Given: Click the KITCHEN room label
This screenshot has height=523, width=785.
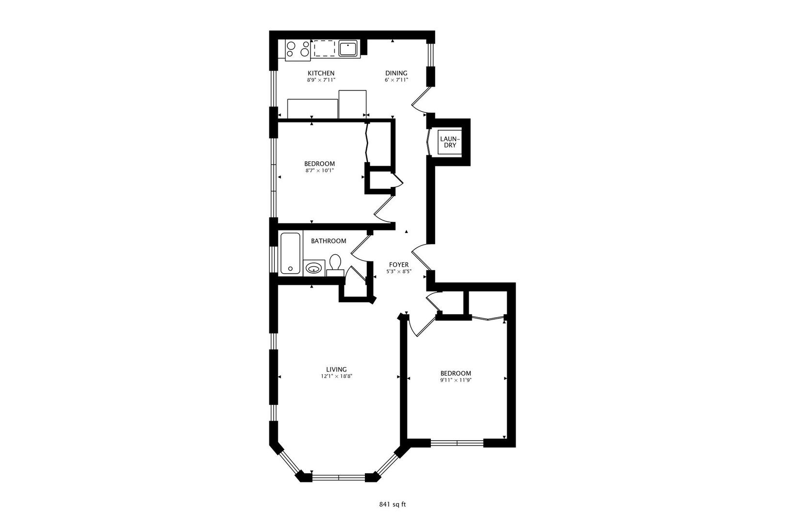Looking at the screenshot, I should tap(320, 73).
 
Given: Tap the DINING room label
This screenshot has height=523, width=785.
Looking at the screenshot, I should tap(396, 73).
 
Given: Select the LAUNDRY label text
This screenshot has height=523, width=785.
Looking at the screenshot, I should tap(448, 142).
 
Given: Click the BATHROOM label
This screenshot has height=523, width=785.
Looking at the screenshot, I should tap(329, 241).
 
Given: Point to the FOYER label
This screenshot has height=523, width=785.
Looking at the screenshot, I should tap(399, 265).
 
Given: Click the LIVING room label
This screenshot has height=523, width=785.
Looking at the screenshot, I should tap(336, 369).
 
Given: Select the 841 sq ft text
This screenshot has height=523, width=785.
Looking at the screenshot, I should tap(392, 504).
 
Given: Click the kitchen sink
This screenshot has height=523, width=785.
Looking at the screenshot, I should tap(347, 48).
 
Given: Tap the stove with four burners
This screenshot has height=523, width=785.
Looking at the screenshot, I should tap(298, 49).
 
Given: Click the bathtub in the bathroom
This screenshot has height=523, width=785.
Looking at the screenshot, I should tap(290, 254).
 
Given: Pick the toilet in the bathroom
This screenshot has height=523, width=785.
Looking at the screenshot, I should tap(335, 264).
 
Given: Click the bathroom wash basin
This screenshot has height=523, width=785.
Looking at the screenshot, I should tap(314, 268).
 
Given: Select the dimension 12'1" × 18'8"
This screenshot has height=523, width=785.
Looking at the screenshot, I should tap(336, 376).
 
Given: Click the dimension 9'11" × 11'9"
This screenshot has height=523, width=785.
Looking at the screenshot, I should tap(455, 380).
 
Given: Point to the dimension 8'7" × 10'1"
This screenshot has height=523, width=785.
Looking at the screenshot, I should tap(319, 170).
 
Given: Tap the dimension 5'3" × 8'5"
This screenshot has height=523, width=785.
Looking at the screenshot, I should tap(399, 272).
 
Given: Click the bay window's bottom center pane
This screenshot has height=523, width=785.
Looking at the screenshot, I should tap(339, 477).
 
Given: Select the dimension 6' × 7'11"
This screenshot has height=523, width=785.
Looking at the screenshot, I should tap(396, 80).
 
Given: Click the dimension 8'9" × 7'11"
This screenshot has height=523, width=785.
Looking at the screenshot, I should tap(320, 80).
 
